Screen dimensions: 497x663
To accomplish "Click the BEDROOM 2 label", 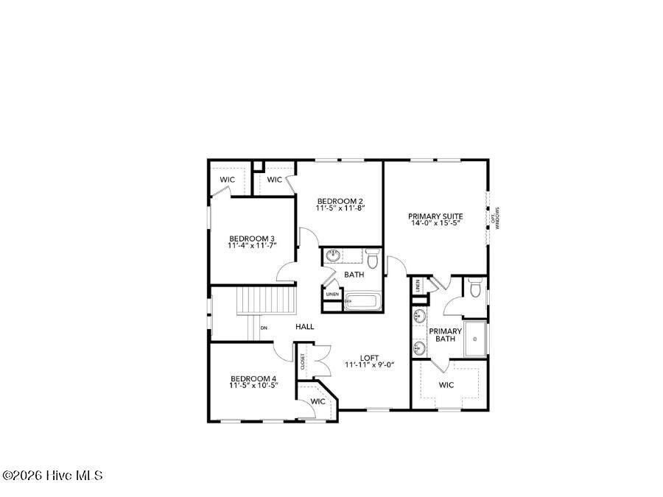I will coord(340,201).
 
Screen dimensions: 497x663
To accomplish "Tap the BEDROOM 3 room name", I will coord(252,238).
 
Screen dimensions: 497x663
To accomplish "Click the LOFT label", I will coord(369,358).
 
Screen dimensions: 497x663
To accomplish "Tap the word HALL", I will coord(305,326).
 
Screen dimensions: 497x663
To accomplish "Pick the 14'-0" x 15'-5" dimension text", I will coord(435,223).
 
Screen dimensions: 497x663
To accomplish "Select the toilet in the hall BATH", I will coord(372,260).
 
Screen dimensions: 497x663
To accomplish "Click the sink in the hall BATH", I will coord(333,256).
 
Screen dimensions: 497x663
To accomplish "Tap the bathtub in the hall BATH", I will coord(363,302).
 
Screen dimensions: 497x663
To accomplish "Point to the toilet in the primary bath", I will coord(475,290).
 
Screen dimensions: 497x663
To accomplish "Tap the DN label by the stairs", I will coord(263,328).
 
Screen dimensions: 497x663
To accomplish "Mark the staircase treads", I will coord(266,300).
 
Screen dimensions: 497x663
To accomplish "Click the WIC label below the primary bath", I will coord(446,384).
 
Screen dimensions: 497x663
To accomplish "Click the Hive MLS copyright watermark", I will coord(52,476).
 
